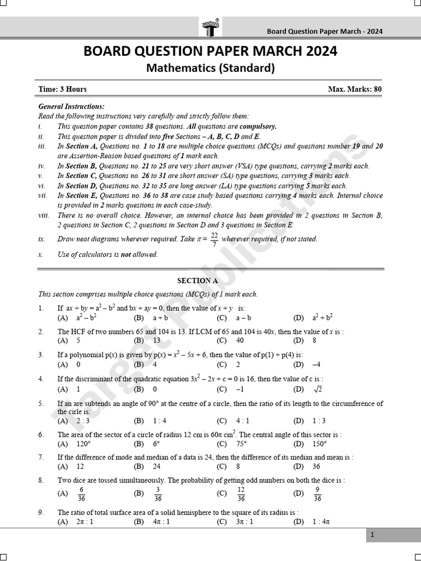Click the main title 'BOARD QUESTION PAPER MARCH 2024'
click(210, 52)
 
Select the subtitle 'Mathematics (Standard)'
click(210, 68)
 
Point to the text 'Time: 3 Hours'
click(62, 89)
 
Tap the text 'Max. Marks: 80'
click(355, 89)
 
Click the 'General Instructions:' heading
click(71, 107)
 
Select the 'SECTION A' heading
click(197, 280)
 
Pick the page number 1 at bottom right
click(372, 535)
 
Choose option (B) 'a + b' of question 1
click(160, 318)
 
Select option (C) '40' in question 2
click(240, 340)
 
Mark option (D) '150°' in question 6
click(320, 444)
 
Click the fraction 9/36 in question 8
click(317, 494)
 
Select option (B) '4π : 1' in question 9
click(161, 522)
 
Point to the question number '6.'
click(41, 435)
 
